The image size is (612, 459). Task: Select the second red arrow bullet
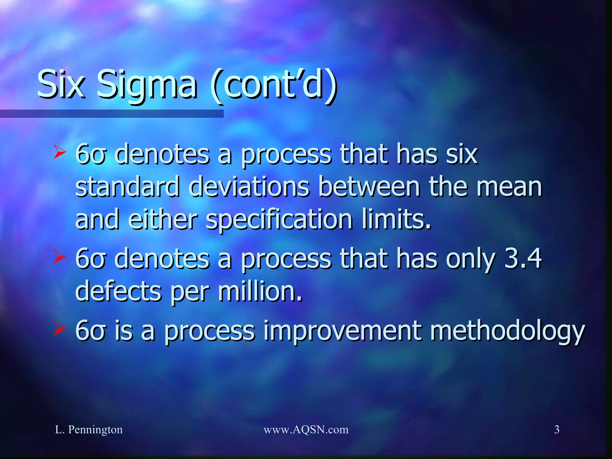coord(59,256)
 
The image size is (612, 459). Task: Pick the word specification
coord(279,221)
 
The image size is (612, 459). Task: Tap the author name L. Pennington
coord(89,429)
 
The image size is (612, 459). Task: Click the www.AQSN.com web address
coord(306,429)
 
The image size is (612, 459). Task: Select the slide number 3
coord(557,429)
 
